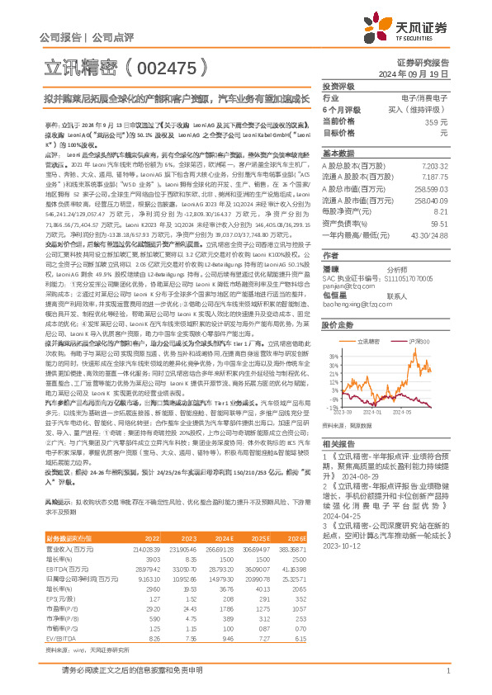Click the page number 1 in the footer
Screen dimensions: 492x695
(447, 679)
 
